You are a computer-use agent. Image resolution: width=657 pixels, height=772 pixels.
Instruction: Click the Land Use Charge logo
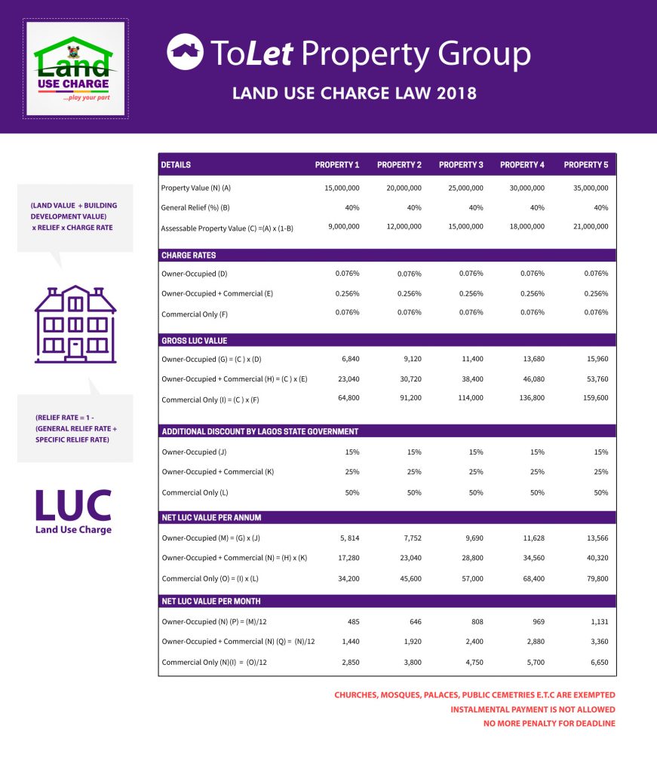coord(75,69)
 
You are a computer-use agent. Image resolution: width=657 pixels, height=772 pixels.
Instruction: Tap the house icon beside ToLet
coord(185,52)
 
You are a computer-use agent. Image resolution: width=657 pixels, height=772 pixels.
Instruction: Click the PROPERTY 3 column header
coord(461,164)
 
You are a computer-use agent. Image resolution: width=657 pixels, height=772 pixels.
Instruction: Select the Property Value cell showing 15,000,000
coord(342,188)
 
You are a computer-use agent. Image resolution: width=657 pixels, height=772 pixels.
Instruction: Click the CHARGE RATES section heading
coord(189,256)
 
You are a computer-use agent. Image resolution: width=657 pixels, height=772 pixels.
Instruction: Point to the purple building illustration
coord(75,324)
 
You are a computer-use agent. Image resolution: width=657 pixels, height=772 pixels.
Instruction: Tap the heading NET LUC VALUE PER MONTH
coord(211,601)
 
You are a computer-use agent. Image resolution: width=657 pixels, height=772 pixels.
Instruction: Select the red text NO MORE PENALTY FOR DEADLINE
coord(549,724)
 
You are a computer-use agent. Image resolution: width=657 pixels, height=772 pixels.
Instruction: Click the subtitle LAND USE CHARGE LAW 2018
coord(355,94)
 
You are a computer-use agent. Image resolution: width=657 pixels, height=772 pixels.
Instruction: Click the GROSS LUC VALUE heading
coord(194,341)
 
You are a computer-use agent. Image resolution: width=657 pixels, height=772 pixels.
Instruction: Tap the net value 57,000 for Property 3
coord(469,579)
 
